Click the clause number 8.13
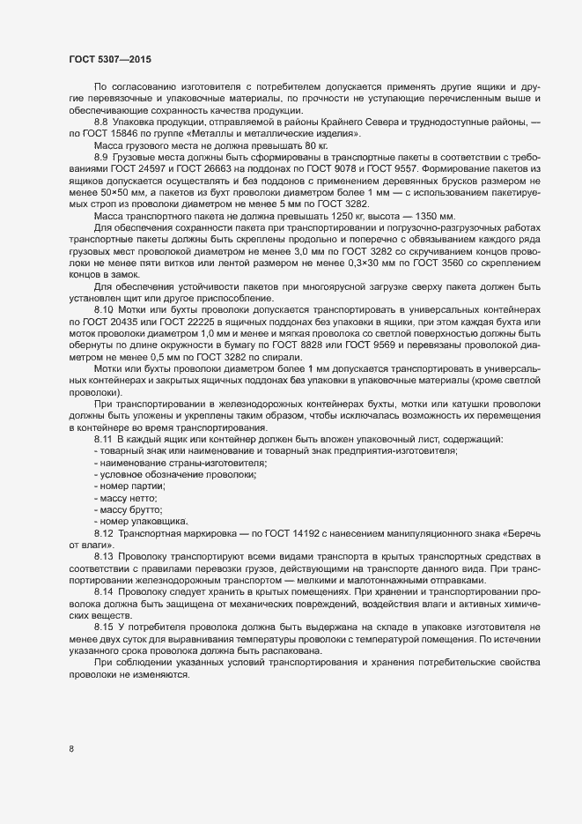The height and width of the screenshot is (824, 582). pos(105,558)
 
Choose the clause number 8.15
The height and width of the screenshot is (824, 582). pos(105,625)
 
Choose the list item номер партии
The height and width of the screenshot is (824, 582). pos(132,486)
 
